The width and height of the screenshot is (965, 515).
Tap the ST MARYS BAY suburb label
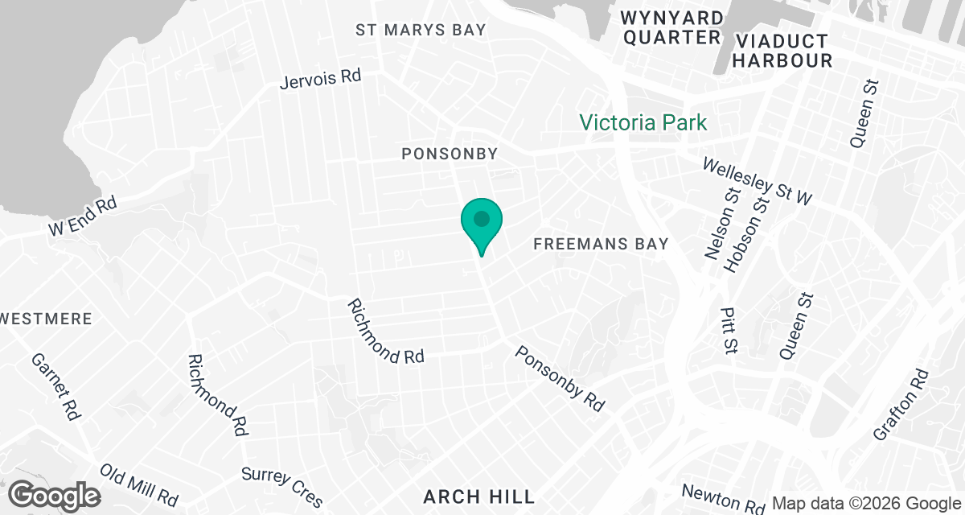[422, 30]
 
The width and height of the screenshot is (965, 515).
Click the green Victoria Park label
[643, 122]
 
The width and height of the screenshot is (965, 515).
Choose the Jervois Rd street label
[321, 79]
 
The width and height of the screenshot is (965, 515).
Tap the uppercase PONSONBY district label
[450, 153]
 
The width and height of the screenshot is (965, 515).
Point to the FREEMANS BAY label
[602, 243]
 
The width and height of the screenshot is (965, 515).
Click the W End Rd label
[83, 216]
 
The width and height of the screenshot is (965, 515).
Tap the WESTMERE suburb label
[46, 319]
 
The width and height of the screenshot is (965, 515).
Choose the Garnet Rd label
[55, 386]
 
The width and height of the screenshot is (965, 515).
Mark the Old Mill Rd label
[139, 484]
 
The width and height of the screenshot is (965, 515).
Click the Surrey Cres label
[282, 487]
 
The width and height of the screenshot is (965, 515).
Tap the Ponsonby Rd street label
[560, 378]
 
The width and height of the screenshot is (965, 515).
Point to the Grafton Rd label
[901, 405]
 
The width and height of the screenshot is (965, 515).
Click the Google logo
[55, 494]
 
